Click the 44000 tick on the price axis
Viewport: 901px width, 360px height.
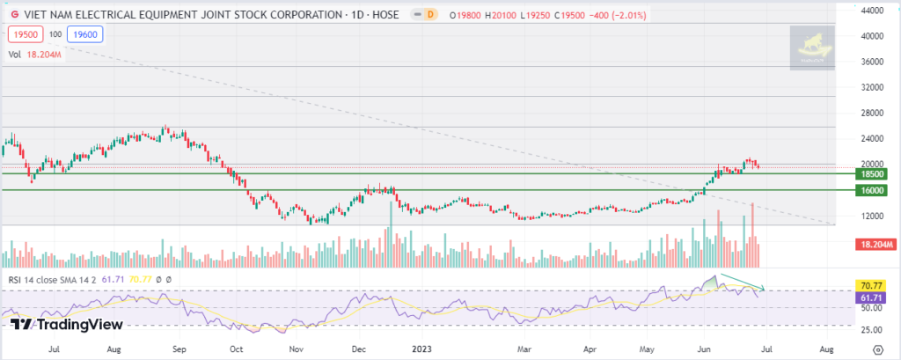(871, 11)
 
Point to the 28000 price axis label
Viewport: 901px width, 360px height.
(871, 113)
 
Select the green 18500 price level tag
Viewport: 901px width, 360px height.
(871, 177)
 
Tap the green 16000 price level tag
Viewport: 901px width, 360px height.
(871, 190)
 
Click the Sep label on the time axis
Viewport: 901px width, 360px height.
(180, 349)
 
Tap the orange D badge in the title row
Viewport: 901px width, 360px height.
(430, 15)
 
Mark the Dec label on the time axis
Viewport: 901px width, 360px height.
(360, 349)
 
